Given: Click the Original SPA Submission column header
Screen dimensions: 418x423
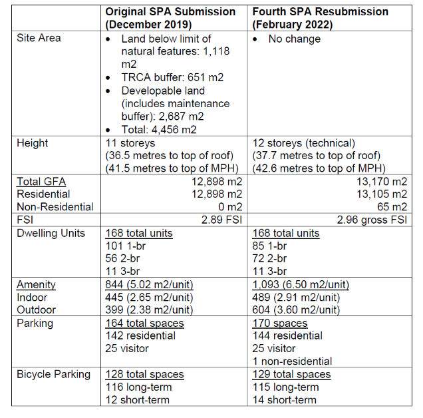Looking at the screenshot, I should [x=170, y=18].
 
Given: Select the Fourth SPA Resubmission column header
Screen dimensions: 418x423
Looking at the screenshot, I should [x=321, y=18].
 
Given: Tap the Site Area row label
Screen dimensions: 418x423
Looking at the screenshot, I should [x=39, y=38].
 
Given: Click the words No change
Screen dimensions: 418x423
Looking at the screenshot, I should [x=294, y=39].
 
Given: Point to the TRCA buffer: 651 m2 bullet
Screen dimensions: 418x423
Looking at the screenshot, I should [x=172, y=77].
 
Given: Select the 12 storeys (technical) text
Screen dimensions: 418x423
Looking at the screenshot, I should [x=305, y=142].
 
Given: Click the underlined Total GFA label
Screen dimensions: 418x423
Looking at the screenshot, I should [x=41, y=181].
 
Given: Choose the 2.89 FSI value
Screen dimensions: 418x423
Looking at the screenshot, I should [x=220, y=220].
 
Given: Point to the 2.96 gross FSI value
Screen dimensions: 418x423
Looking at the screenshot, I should [x=372, y=220].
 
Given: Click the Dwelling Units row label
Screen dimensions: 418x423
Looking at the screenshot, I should [x=51, y=233].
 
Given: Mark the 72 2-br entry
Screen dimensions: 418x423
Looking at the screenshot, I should [x=269, y=259].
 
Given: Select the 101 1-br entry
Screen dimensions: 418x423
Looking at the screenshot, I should [x=125, y=246].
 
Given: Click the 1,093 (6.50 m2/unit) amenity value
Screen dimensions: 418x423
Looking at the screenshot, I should [x=300, y=284].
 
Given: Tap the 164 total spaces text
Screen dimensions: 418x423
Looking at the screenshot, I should [x=144, y=323].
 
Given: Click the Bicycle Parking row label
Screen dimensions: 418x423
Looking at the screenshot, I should [x=53, y=374].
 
